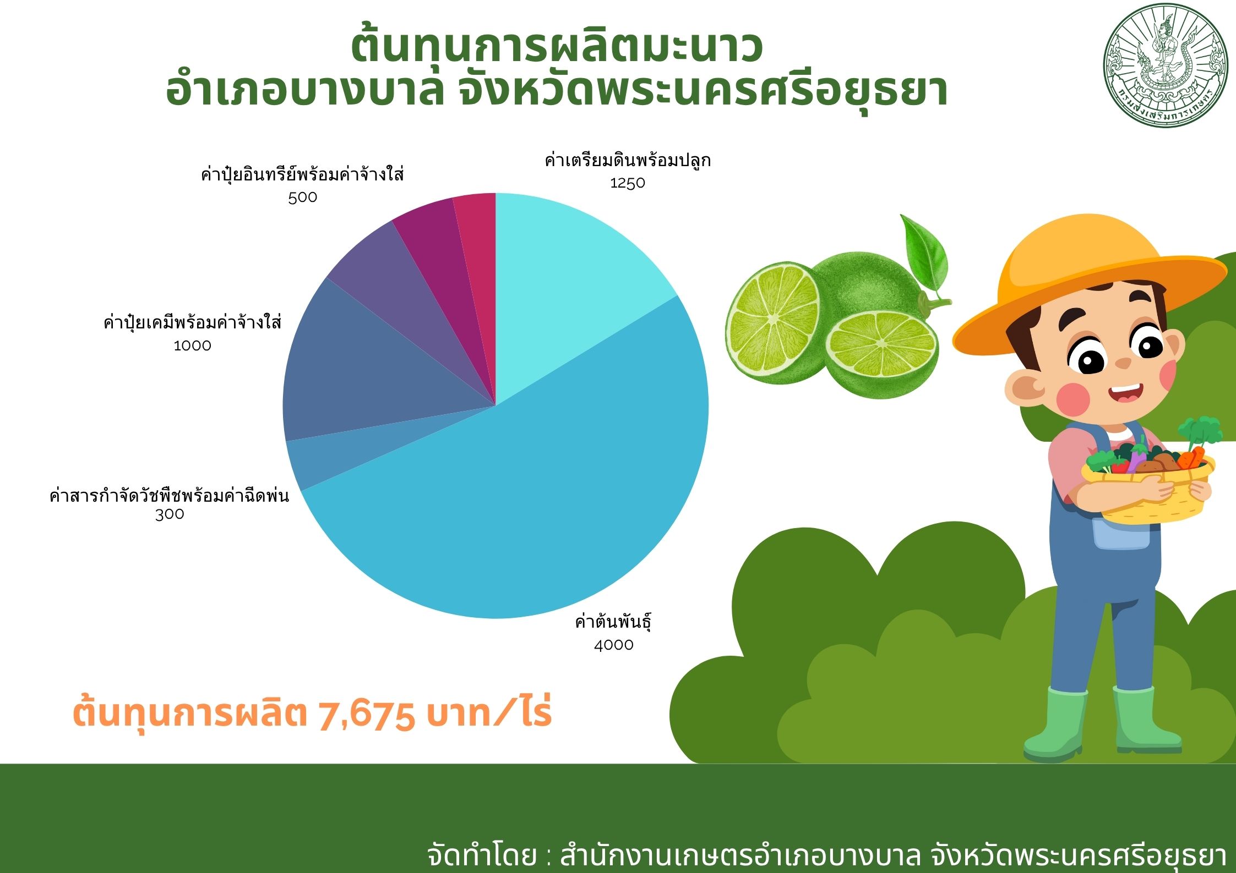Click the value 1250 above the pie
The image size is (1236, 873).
click(x=627, y=183)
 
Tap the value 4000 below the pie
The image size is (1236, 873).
click(x=613, y=645)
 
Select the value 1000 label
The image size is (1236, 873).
click(x=192, y=346)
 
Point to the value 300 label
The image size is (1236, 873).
click(x=170, y=515)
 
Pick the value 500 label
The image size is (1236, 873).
click(x=302, y=197)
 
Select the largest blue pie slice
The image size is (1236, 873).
click(x=523, y=495)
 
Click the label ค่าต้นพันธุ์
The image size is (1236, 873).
click(x=613, y=622)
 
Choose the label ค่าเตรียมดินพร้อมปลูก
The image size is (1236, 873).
click(x=628, y=161)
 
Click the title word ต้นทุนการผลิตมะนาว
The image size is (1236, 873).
click(x=557, y=48)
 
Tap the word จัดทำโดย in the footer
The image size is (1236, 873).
click(x=482, y=855)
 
